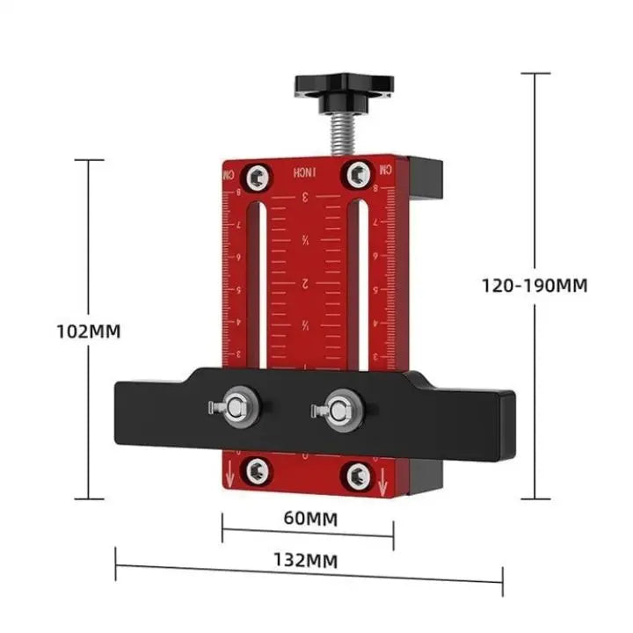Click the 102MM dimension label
tap(87, 331)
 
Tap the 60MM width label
tap(308, 518)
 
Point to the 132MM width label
tap(308, 559)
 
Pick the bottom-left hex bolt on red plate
tap(257, 470)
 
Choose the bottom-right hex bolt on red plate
tap(357, 476)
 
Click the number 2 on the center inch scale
tap(305, 283)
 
